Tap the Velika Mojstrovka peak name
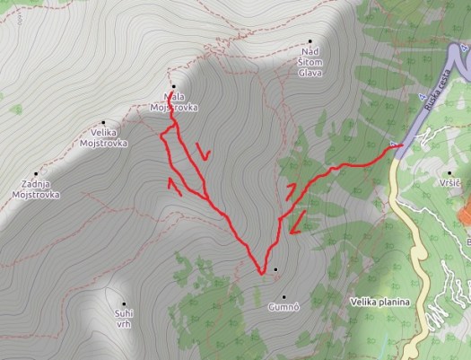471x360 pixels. click(103, 137)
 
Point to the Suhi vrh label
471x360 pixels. click(123, 319)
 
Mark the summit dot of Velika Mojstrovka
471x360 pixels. click(103, 123)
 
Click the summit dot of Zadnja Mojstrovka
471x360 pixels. click(36, 174)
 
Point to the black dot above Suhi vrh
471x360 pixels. click(124, 303)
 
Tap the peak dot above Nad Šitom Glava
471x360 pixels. click(310, 40)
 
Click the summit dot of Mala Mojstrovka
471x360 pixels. click(173, 86)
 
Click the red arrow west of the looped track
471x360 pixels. click(175, 186)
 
